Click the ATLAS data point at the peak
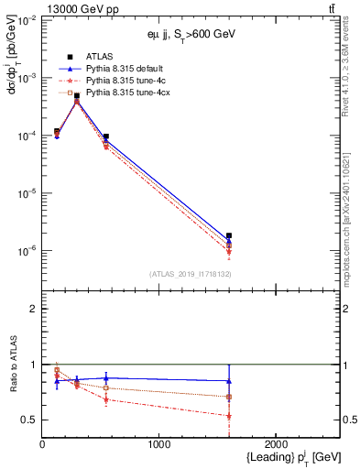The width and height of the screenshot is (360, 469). [77, 96]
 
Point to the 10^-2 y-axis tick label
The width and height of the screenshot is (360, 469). [28, 21]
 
